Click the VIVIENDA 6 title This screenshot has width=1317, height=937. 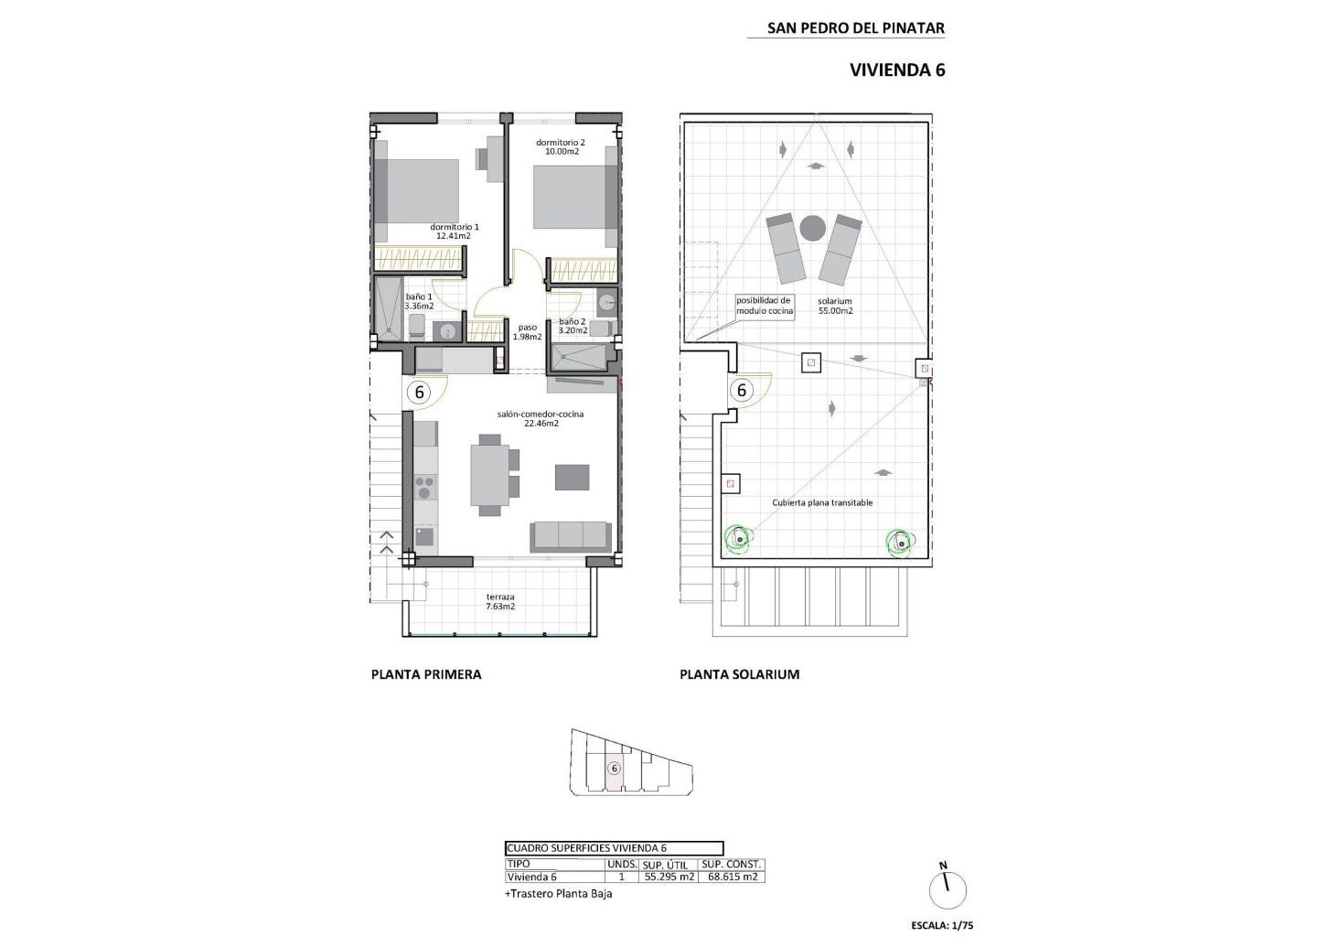(897, 70)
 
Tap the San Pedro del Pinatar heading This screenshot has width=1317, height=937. (855, 27)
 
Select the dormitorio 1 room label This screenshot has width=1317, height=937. (455, 232)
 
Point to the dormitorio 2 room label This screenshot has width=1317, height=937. (561, 146)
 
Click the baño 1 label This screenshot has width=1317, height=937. (419, 301)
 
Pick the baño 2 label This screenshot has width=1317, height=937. (573, 326)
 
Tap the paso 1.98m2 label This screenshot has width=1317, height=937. (528, 332)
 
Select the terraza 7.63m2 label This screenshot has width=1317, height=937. (500, 601)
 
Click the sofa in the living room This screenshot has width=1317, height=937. (571, 536)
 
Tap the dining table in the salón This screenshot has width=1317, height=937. (490, 475)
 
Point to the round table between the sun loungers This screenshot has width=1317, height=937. (812, 228)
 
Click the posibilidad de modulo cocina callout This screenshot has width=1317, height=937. (765, 306)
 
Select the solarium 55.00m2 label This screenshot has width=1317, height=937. (835, 306)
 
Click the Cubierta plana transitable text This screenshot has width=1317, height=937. (822, 503)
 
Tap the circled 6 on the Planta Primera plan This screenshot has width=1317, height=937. (419, 392)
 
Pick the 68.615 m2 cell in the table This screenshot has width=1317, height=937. (732, 877)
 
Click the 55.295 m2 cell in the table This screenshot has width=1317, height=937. (669, 877)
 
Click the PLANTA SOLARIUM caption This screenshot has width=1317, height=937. (740, 674)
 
